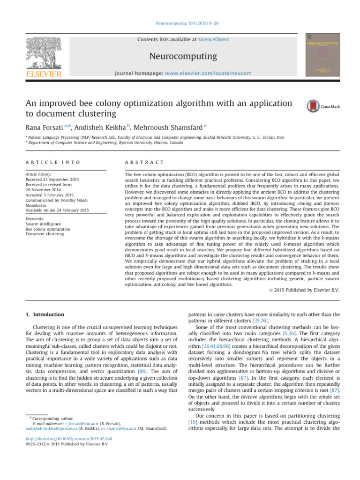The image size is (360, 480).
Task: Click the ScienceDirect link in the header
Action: point(214,40)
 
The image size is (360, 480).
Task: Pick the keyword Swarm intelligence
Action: point(40,224)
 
